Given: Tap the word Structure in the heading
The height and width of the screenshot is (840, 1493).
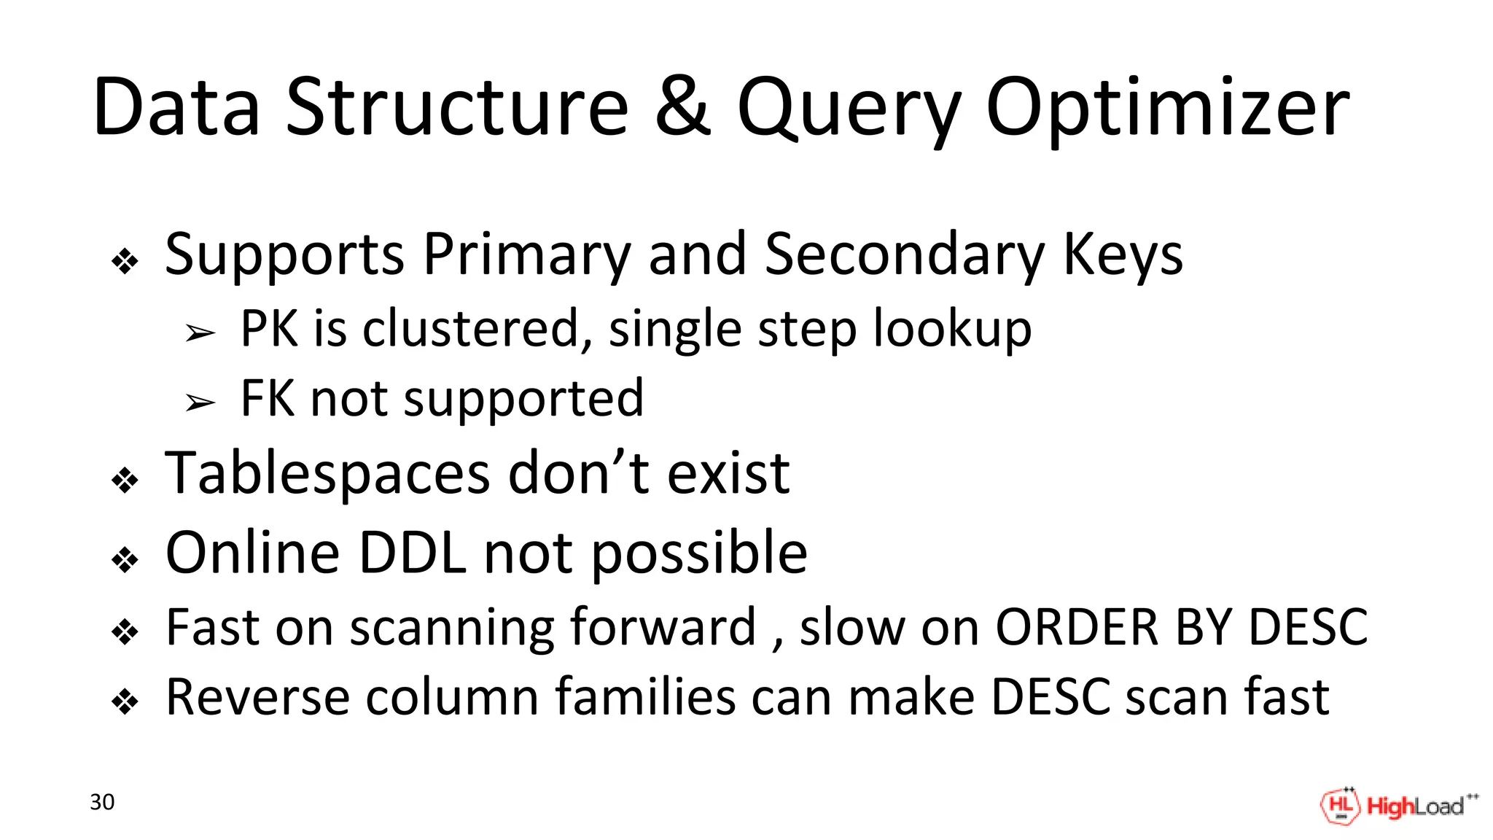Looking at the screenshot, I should tap(456, 108).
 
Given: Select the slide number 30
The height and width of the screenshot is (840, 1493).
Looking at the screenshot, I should tap(102, 802).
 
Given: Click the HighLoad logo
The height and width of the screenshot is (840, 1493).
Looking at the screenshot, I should tap(1398, 806).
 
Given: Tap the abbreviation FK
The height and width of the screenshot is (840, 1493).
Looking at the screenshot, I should tap(267, 398).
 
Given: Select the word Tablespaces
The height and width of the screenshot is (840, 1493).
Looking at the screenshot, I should tap(327, 474).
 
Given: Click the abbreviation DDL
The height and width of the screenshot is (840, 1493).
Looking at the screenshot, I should tap(413, 553).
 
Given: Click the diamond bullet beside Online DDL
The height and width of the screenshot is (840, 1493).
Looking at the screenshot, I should tap(125, 560).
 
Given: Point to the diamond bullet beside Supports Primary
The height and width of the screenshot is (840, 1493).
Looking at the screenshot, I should tap(125, 262).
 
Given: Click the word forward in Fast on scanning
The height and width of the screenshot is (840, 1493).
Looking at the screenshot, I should tap(662, 627).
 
